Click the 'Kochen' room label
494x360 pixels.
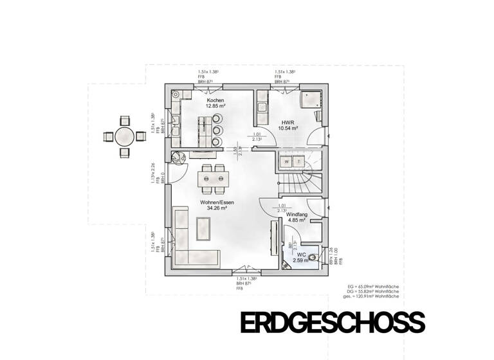coord(215,101)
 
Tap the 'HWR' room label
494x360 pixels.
coord(286,122)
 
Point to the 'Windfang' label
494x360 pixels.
coord(295,214)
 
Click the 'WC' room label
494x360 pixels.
coord(293,255)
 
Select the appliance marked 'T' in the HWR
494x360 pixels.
coord(299,161)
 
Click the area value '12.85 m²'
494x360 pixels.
coord(215,107)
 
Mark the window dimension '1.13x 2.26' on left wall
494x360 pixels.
coord(154,172)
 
